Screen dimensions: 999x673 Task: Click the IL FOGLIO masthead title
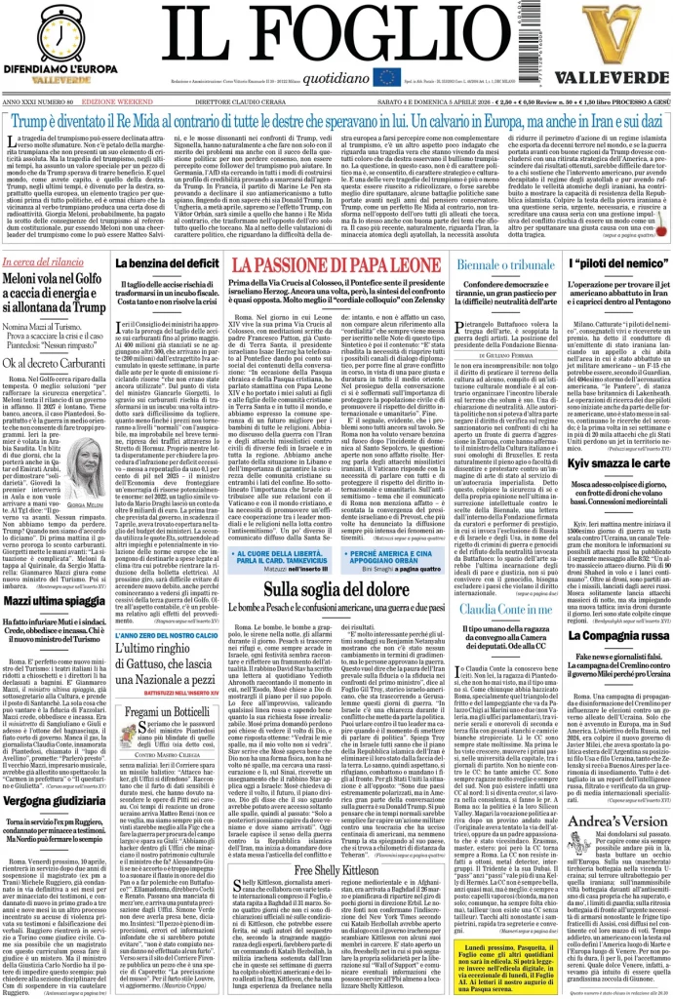click(x=336, y=35)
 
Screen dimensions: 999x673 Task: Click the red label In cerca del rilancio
click(x=41, y=262)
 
